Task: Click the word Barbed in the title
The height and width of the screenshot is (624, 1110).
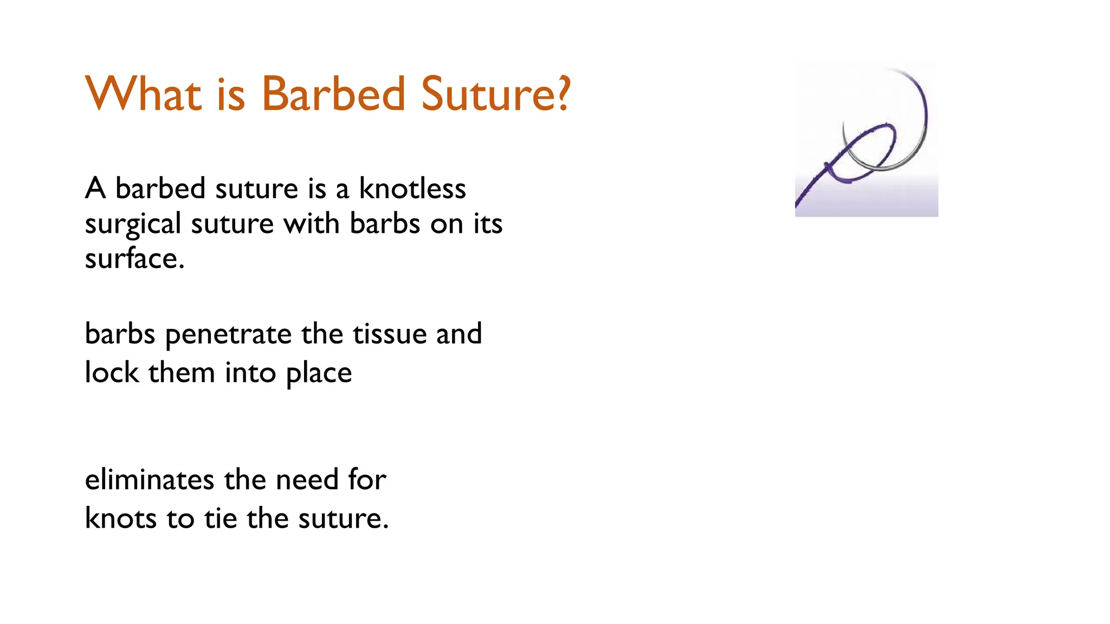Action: pyautogui.click(x=333, y=94)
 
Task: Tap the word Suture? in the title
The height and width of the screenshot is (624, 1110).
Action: pyautogui.click(x=495, y=94)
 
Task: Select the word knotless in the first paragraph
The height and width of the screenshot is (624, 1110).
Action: pyautogui.click(x=412, y=189)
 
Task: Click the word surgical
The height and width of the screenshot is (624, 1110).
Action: pyautogui.click(x=133, y=225)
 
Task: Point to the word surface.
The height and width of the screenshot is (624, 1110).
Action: pyautogui.click(x=134, y=259)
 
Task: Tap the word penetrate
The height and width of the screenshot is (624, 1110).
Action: pyautogui.click(x=228, y=335)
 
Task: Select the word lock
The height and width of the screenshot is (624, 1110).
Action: pyautogui.click(x=112, y=373)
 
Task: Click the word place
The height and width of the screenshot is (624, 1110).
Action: pyautogui.click(x=319, y=374)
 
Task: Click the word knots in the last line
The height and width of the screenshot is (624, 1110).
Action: pyautogui.click(x=121, y=518)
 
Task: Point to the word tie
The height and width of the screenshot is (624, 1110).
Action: pyautogui.click(x=221, y=518)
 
